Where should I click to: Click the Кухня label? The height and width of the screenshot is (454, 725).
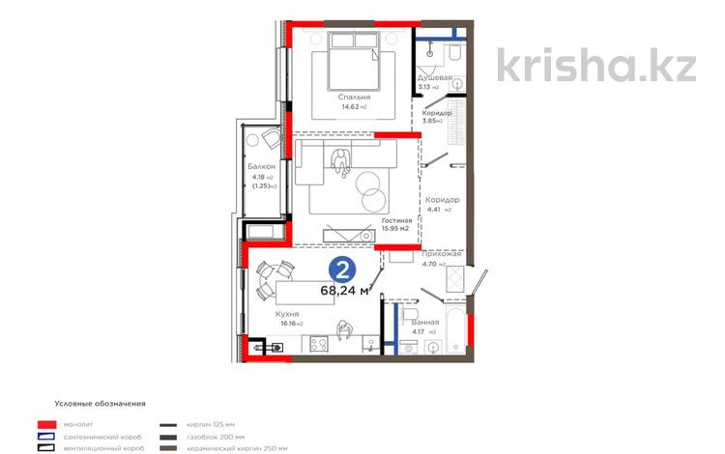(x=285, y=314)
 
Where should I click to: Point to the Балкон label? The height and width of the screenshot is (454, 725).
(x=261, y=166)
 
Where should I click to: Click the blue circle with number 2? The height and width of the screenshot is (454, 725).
(x=340, y=268)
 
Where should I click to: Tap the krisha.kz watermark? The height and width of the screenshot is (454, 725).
(x=596, y=65)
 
